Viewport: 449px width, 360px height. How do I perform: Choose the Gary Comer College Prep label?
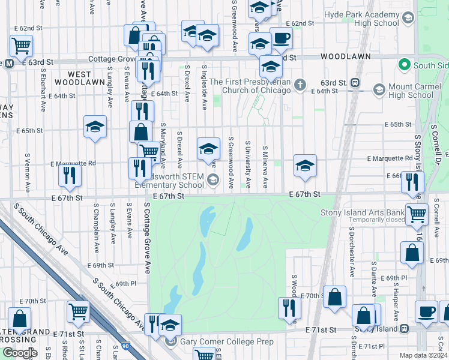[x=227, y=342]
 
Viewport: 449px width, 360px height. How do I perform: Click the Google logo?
[x=19, y=353]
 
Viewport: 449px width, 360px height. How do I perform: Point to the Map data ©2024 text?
[x=423, y=355]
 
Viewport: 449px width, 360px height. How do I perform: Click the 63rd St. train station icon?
[x=355, y=82]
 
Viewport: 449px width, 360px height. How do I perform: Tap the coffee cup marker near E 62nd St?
[x=281, y=39]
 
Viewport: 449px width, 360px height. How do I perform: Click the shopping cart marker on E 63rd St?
[x=21, y=44]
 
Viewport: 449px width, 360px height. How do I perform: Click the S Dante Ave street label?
[x=373, y=278]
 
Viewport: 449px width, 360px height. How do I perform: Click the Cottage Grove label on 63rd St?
[x=113, y=59]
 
